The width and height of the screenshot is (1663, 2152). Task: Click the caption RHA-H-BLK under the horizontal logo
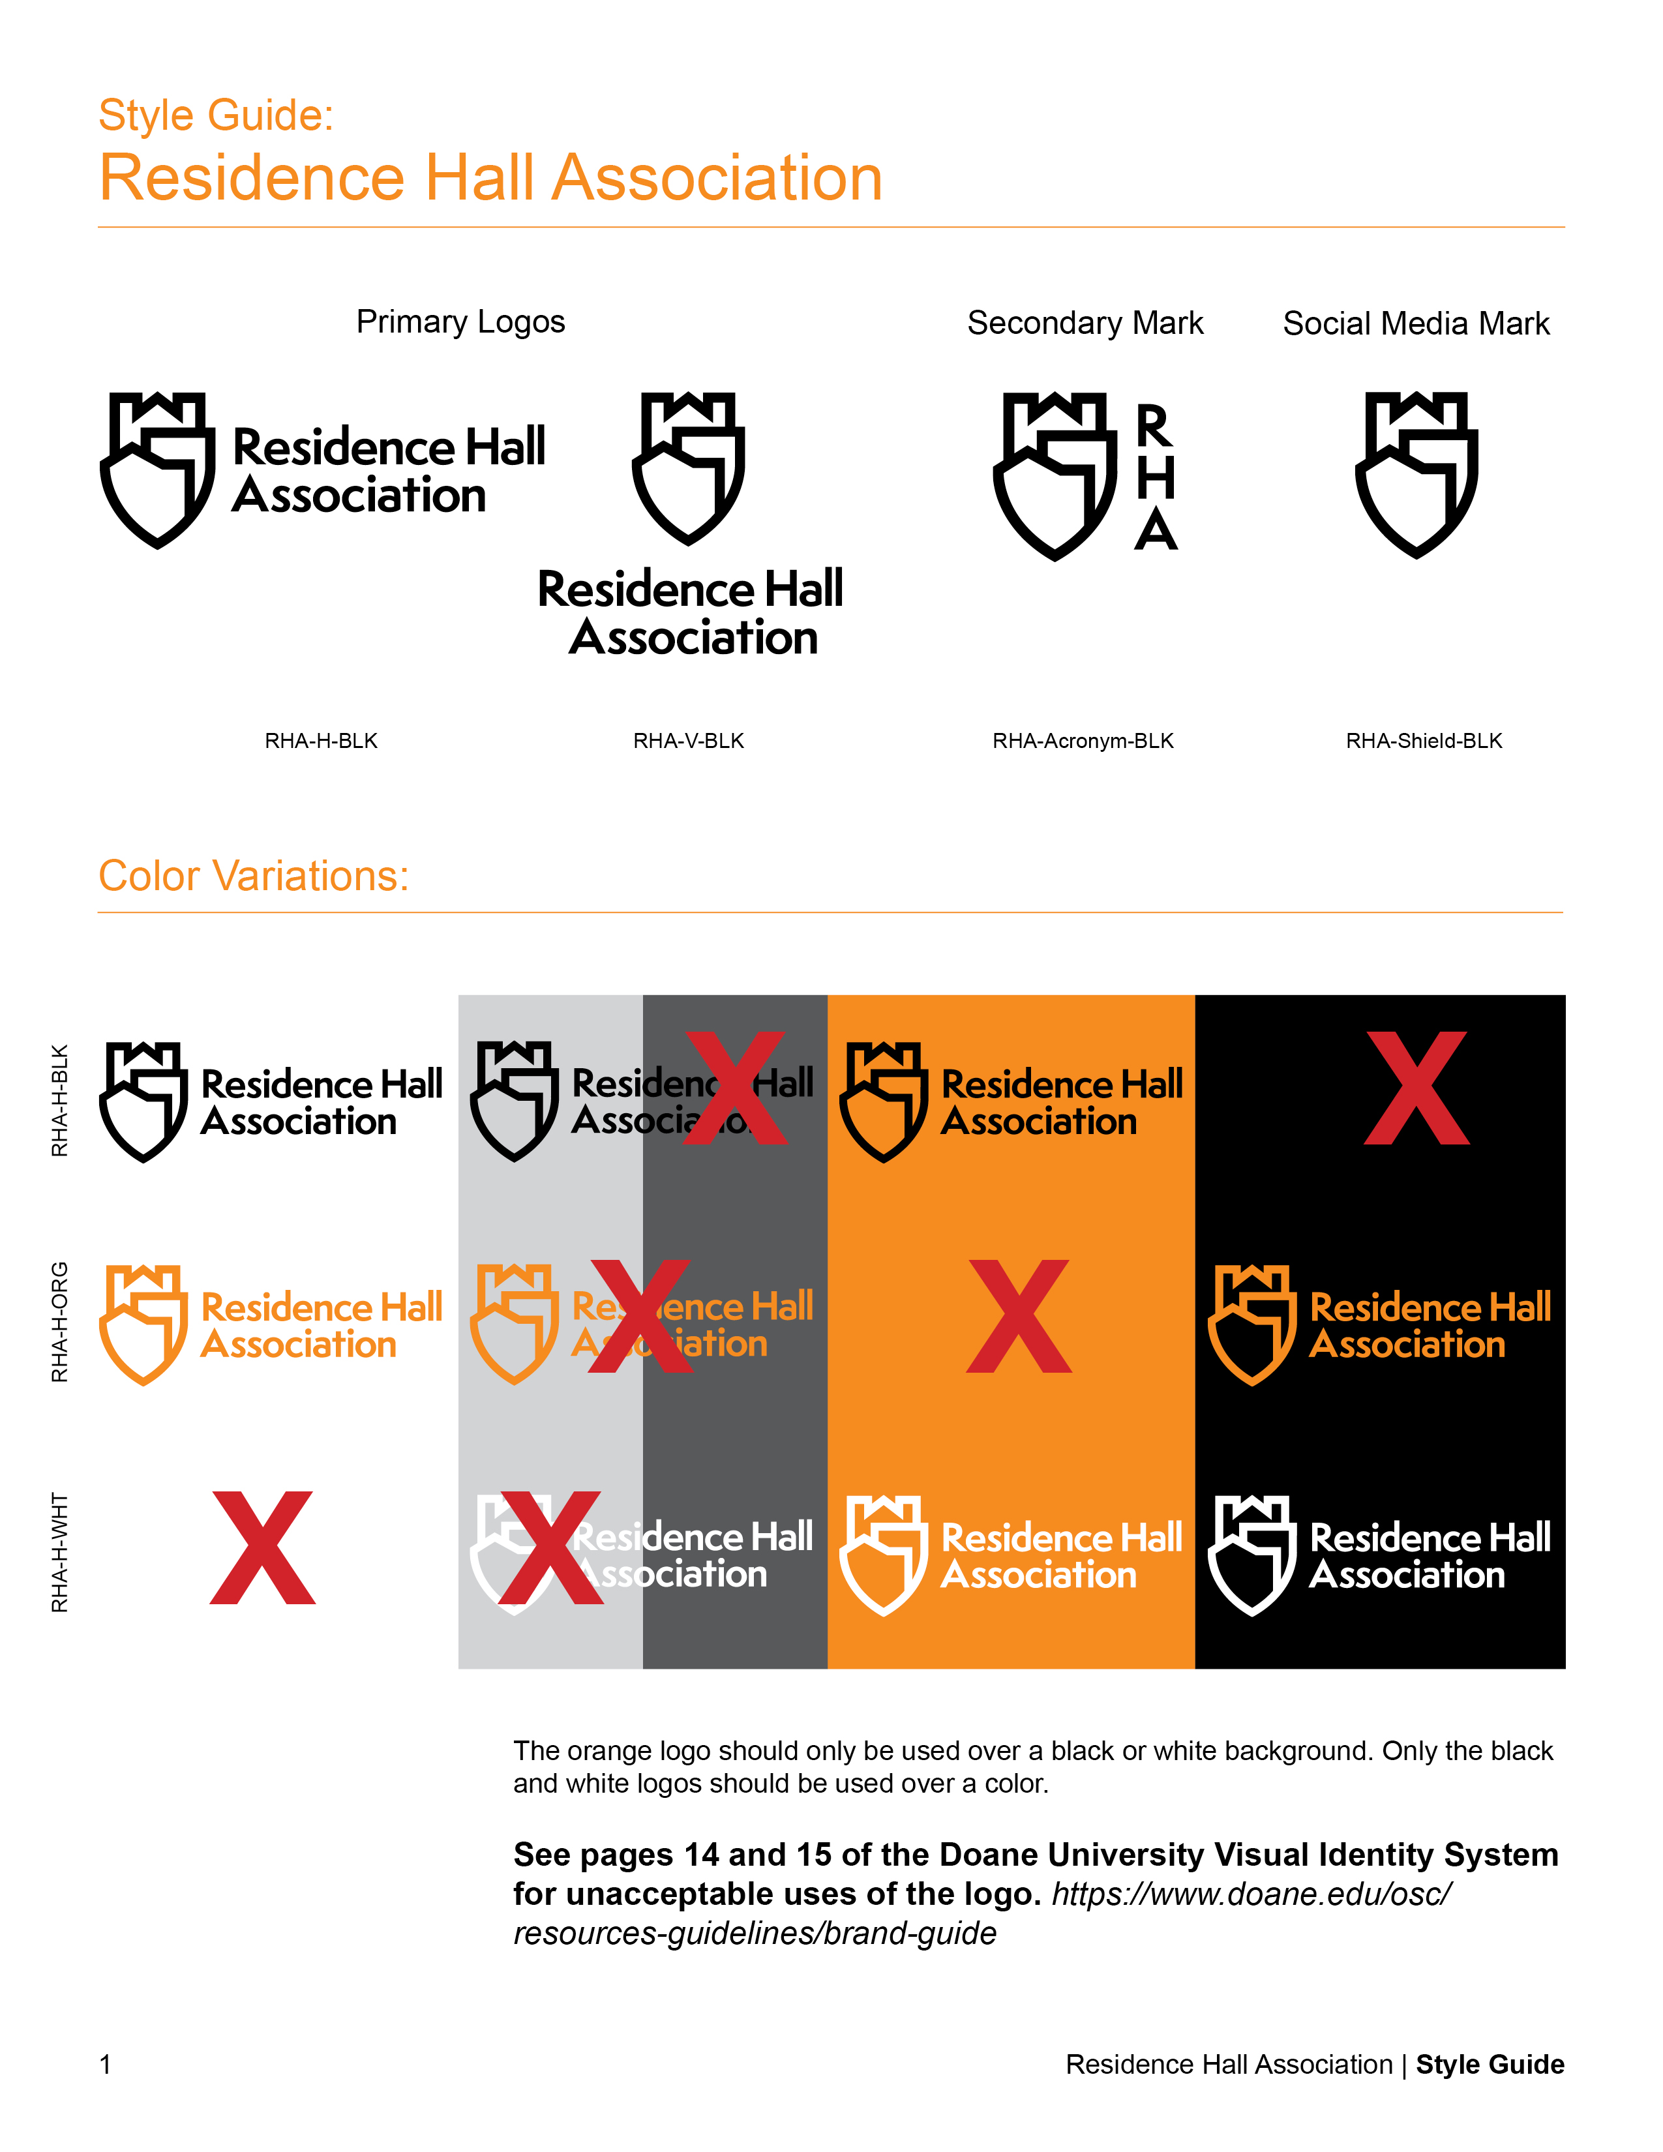point(321,741)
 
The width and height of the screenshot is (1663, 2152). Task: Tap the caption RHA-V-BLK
point(689,741)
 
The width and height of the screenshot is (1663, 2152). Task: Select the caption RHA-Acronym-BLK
point(1083,741)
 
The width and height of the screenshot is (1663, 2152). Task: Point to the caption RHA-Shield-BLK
point(1424,741)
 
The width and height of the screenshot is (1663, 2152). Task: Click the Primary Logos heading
point(460,322)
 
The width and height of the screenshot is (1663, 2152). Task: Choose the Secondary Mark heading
point(1085,323)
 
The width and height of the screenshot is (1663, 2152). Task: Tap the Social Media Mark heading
point(1416,323)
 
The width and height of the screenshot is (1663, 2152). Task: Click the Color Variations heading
point(253,876)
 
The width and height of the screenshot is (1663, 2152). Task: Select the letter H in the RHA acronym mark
point(1156,478)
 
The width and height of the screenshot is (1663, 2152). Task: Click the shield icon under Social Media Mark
point(1416,474)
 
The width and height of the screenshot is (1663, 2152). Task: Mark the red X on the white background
point(263,1548)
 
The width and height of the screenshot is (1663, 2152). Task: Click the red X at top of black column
point(1416,1089)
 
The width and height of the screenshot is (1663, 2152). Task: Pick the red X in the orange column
point(1019,1317)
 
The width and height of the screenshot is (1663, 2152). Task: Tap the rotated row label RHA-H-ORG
point(60,1323)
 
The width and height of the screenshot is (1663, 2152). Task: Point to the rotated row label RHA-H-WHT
point(60,1552)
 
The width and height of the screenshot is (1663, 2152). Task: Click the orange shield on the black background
point(1251,1324)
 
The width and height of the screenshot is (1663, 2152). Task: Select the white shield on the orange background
point(883,1555)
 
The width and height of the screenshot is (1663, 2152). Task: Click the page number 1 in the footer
point(106,2065)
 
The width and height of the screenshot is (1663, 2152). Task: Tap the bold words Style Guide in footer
point(1490,2065)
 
